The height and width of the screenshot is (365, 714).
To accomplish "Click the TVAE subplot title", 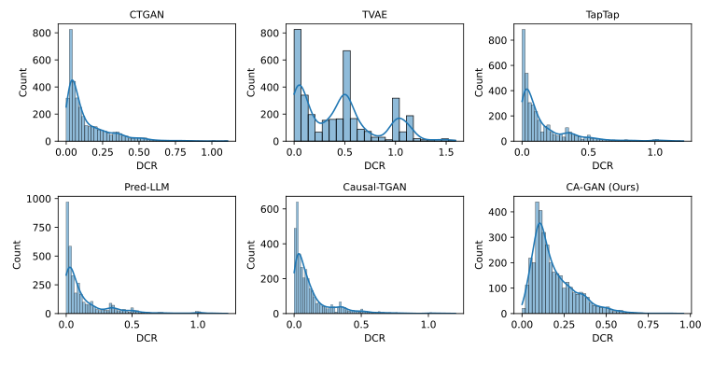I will (376, 12).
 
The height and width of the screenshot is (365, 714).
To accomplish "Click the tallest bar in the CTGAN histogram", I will (71, 84).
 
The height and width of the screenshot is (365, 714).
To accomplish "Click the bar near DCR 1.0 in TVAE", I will (396, 119).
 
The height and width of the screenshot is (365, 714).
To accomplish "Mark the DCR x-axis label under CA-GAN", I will (606, 338).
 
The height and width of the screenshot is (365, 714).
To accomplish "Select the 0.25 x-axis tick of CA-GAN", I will (565, 325).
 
